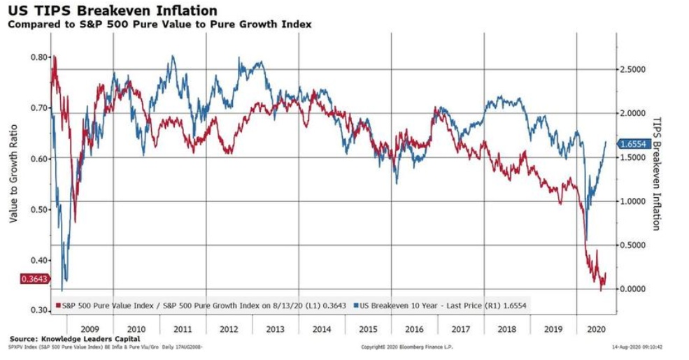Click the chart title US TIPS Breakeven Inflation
[112, 11]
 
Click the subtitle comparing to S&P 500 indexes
[159, 24]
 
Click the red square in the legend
[59, 305]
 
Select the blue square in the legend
[355, 305]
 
